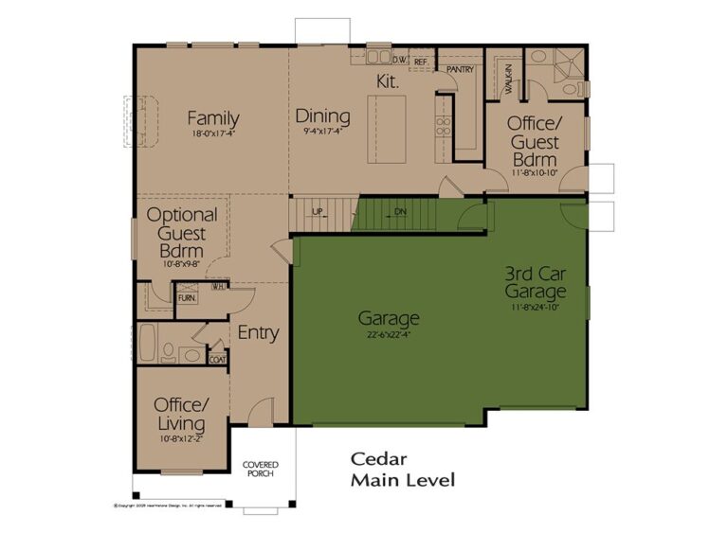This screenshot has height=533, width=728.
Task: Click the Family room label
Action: (x=212, y=118)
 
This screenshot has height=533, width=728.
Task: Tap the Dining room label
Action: (x=322, y=116)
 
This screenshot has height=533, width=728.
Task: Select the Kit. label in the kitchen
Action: (x=389, y=82)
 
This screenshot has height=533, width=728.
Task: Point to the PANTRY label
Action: (x=460, y=69)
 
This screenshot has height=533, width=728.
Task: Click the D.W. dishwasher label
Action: (x=400, y=61)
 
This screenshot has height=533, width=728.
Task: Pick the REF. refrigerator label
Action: (x=422, y=62)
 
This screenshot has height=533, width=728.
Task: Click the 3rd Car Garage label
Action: (x=535, y=282)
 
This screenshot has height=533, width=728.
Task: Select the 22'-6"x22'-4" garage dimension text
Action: (x=389, y=334)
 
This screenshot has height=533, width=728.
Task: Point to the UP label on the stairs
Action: (x=318, y=211)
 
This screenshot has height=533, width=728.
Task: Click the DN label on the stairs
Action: (x=400, y=211)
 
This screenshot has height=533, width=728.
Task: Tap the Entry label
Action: (x=257, y=332)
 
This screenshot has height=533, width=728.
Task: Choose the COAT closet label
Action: (x=217, y=359)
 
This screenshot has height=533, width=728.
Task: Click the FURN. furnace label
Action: (x=187, y=298)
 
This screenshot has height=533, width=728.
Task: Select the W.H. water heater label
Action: (x=218, y=286)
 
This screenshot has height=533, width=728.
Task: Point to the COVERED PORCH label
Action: (x=260, y=470)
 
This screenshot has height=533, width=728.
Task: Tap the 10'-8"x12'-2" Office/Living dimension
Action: (x=181, y=438)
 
